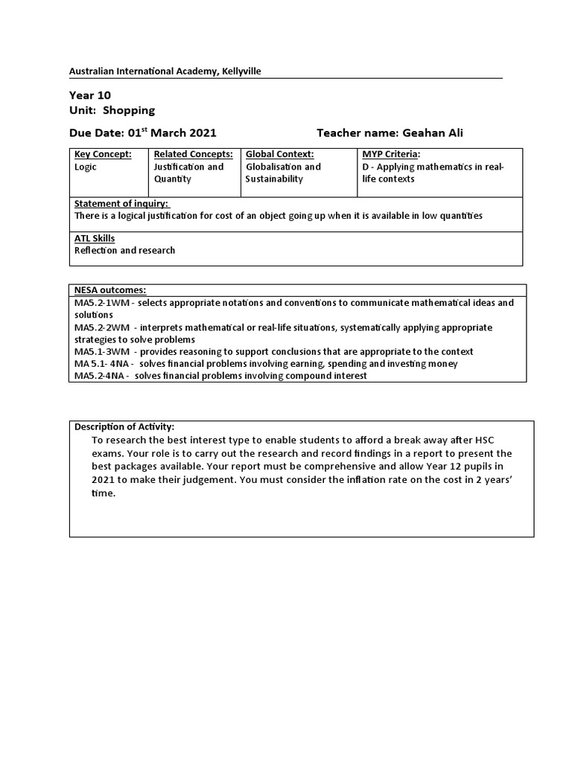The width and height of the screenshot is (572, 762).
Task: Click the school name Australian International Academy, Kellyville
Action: [x=165, y=71]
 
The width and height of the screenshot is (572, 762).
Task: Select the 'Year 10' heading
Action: [x=90, y=95]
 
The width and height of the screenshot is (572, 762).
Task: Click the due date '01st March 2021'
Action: [x=172, y=133]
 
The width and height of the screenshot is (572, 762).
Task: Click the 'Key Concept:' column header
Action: [x=103, y=154]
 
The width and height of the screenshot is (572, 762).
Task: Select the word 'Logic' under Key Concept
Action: [x=86, y=167]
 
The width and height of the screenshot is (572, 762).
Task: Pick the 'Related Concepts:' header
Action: [x=194, y=154]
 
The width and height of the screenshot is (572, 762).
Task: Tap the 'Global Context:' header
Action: [x=280, y=154]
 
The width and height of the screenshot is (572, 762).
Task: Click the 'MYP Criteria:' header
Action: [x=391, y=154]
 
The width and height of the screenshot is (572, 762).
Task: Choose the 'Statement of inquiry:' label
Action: [x=121, y=204]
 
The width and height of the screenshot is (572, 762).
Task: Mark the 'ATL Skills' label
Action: [x=95, y=238]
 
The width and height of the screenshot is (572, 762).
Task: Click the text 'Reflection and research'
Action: [x=124, y=250]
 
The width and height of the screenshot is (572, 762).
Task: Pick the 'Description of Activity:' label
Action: [x=124, y=426]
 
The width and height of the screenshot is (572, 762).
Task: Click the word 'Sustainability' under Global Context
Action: [x=274, y=179]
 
